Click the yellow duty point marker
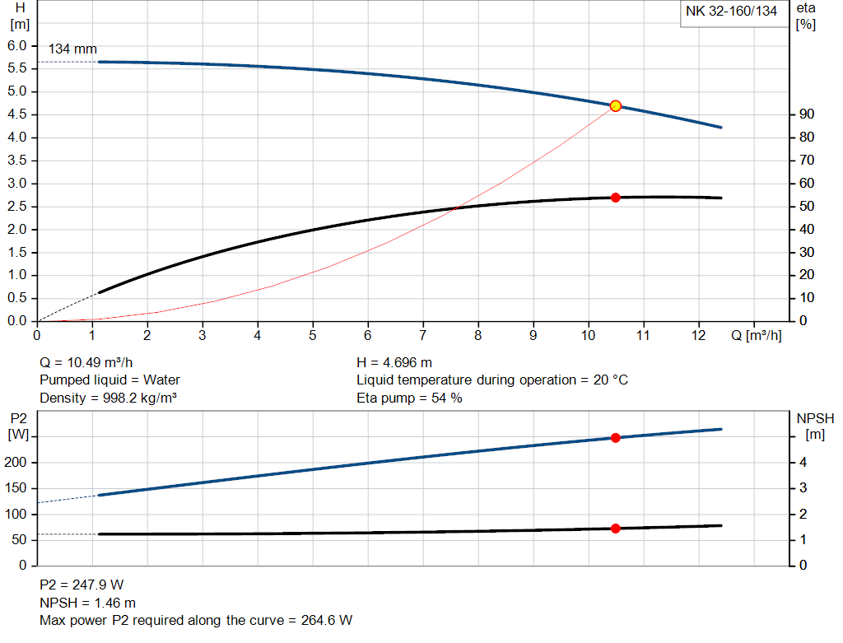point(615,106)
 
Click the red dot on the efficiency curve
point(615,198)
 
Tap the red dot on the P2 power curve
point(615,438)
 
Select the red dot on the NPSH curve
point(615,529)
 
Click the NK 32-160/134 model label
point(731,12)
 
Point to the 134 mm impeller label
point(72,49)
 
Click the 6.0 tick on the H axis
point(17,45)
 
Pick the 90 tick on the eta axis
point(807,114)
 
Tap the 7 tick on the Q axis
point(423,336)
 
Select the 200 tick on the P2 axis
point(17,463)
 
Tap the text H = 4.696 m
point(394,362)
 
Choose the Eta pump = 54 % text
point(409,398)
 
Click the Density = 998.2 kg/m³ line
point(109,398)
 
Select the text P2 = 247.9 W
point(82,585)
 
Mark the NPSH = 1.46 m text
point(88,603)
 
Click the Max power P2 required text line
point(196,620)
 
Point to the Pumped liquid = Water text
point(109,380)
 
